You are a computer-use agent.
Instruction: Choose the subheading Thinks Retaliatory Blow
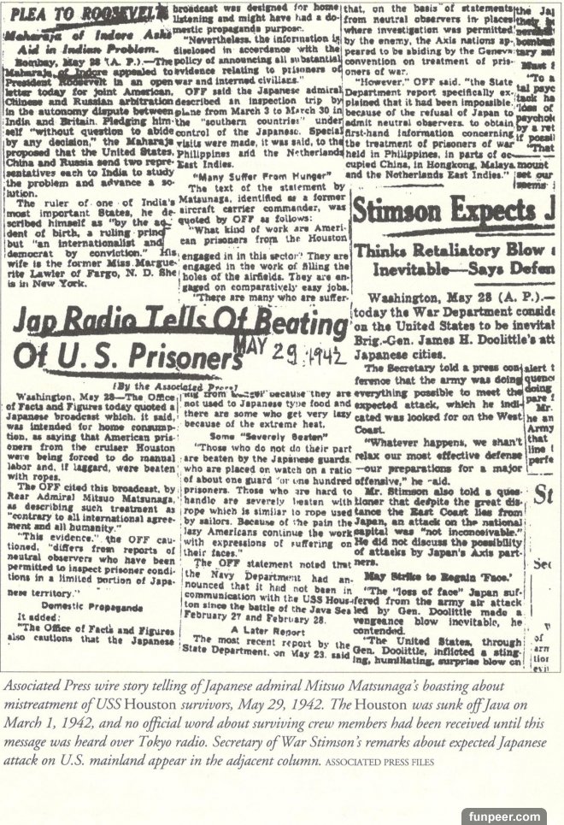tap(441, 250)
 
